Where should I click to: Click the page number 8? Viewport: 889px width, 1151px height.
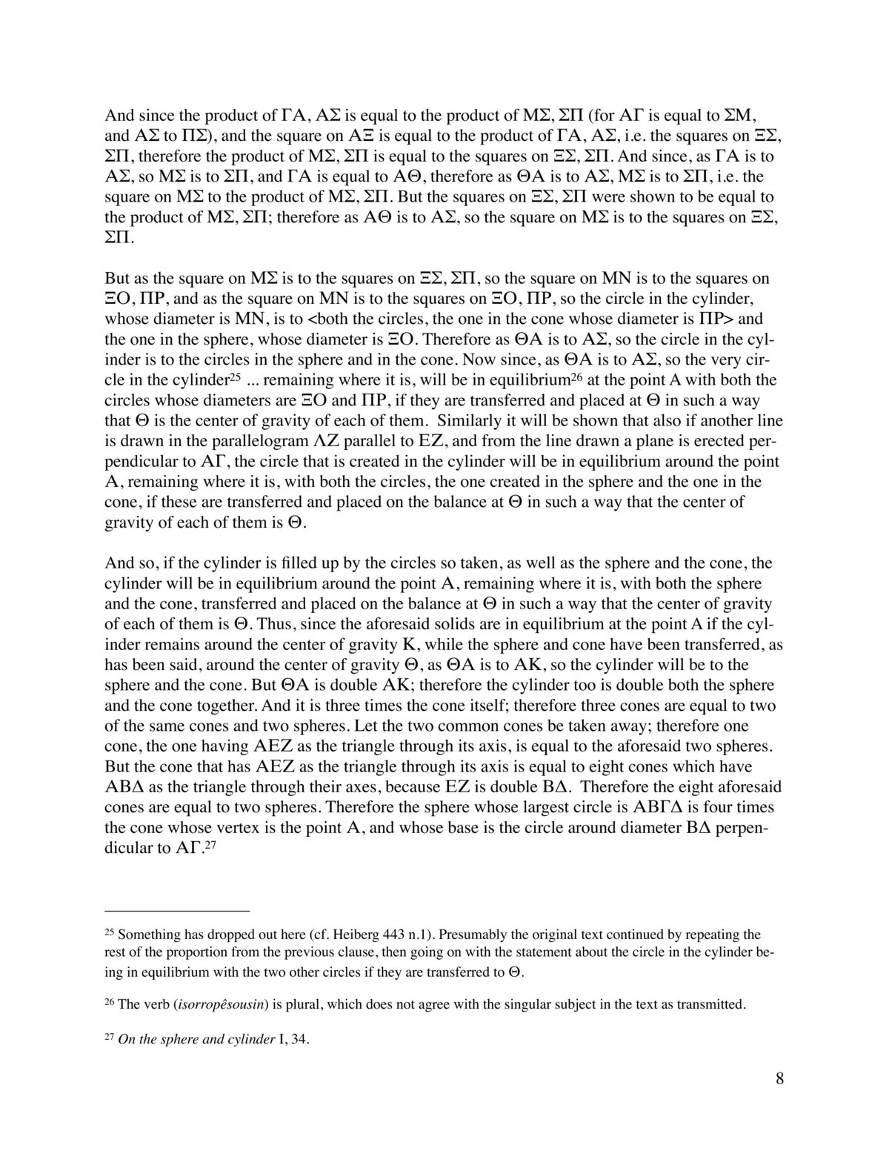click(779, 1099)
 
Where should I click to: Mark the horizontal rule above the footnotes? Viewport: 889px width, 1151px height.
click(177, 910)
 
